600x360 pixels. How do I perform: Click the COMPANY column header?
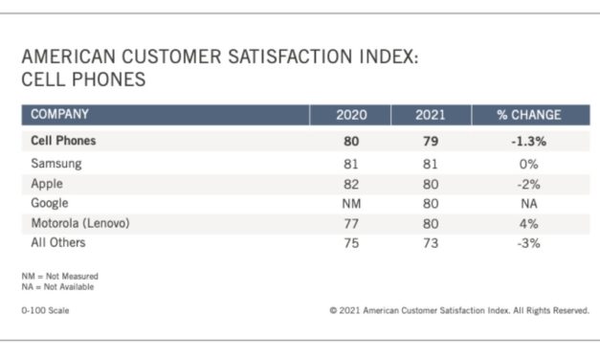[60, 115]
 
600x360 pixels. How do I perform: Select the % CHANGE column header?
[528, 115]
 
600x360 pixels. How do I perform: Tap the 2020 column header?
[351, 115]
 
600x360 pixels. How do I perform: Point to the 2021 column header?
[431, 115]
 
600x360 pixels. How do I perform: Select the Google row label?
[51, 204]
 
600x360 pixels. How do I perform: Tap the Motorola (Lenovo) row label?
[80, 224]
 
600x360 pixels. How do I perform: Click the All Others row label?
[59, 244]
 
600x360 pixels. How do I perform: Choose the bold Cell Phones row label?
[64, 141]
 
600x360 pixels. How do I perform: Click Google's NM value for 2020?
[351, 204]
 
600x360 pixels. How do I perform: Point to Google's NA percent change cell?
[528, 204]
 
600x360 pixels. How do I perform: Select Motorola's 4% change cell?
[528, 224]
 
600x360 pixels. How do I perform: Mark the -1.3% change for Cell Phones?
[528, 141]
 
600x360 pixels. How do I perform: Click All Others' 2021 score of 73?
[431, 244]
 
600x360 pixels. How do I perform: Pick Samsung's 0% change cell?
[528, 164]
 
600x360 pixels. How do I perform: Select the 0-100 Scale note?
[45, 310]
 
